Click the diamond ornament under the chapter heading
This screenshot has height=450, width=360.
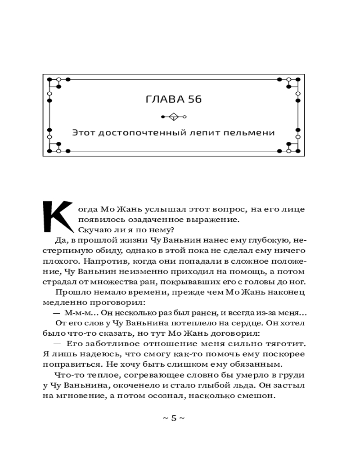(x=173, y=117)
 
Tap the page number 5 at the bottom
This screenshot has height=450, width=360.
(x=174, y=418)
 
